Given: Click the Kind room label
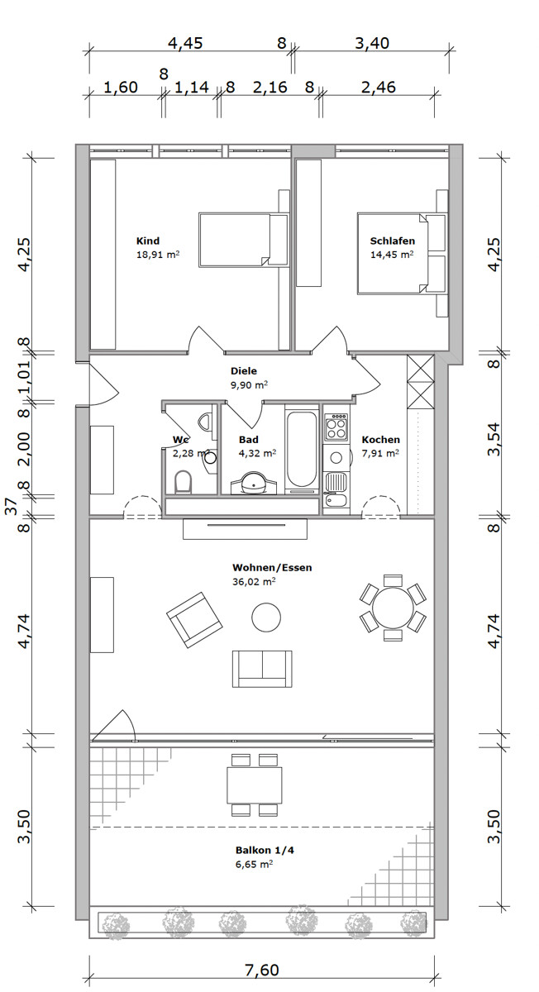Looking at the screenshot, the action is [147, 241].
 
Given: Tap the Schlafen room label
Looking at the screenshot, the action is [393, 241].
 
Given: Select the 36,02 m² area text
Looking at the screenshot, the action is [254, 581].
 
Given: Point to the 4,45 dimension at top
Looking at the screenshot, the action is [185, 43].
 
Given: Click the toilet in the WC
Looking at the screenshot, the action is [183, 481].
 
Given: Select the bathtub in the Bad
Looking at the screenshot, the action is [302, 448].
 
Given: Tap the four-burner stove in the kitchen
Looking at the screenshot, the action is [336, 427].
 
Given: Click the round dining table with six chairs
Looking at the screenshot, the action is [393, 608].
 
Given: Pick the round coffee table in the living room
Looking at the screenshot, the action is [266, 617].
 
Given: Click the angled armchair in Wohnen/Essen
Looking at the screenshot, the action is [194, 620].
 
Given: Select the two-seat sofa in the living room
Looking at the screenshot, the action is [262, 669].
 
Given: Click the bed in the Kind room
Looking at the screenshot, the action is [244, 240].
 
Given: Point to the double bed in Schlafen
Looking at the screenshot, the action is [402, 253].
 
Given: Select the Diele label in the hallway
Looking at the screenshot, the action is [244, 370].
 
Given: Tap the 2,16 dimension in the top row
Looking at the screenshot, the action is [270, 87].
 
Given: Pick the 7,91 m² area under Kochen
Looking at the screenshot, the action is [380, 453].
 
